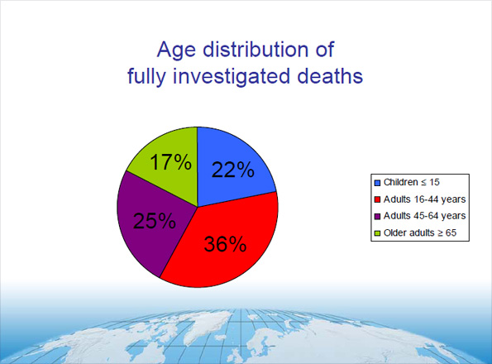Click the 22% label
pos(232,170)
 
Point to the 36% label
pos(225,245)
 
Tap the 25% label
pos(154,221)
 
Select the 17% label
pos(171,162)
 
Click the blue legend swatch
pos(378,182)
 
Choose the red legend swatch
pos(378,199)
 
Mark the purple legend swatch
pos(378,216)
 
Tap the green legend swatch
pos(378,233)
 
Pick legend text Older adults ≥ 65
pos(423,233)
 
